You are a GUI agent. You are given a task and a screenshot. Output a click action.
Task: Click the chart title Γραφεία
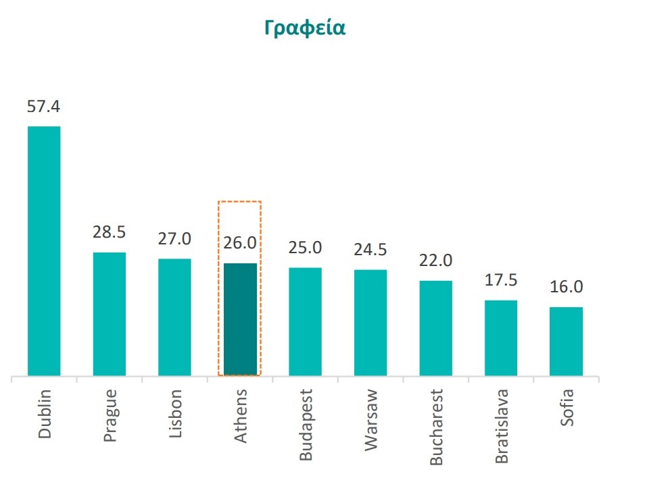(x=305, y=28)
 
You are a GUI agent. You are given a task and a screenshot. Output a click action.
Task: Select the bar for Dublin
(x=44, y=250)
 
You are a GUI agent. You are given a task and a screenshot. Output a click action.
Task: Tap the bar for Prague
(x=110, y=314)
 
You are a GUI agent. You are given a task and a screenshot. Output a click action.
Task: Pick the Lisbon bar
(x=174, y=317)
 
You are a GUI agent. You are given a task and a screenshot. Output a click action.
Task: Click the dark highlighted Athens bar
(x=240, y=319)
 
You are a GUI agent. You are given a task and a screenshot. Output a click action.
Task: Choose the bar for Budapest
(x=305, y=321)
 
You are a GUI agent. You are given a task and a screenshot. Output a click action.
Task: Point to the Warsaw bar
(x=371, y=322)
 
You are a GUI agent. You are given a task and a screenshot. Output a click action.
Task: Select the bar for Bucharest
(x=436, y=327)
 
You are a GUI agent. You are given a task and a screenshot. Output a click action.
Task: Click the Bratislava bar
(x=501, y=338)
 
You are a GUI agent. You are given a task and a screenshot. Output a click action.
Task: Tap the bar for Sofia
(x=566, y=341)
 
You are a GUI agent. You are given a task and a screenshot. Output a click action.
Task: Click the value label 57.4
(x=44, y=107)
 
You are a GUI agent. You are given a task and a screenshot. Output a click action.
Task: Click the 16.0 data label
(x=566, y=287)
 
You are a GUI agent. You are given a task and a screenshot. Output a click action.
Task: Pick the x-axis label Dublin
(x=45, y=414)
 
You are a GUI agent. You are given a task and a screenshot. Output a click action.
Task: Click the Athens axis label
(x=241, y=416)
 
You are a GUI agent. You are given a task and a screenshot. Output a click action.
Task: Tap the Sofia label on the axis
(x=567, y=407)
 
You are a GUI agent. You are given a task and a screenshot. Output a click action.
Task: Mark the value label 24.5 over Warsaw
(x=371, y=249)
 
